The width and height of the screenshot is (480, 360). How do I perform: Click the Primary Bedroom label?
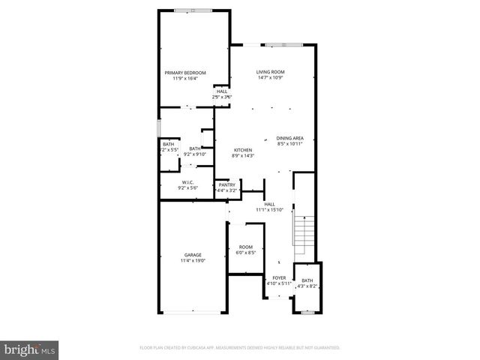click(x=185, y=72)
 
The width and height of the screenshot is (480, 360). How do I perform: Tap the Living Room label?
click(x=271, y=72)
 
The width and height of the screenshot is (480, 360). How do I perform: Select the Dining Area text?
click(x=289, y=138)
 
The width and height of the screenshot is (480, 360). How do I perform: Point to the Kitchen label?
click(x=243, y=150)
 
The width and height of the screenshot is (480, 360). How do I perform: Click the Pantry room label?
click(x=226, y=184)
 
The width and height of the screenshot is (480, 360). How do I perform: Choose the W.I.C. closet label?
click(x=187, y=182)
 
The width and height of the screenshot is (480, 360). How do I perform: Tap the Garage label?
click(x=193, y=255)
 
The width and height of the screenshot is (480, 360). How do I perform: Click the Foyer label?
click(x=279, y=277)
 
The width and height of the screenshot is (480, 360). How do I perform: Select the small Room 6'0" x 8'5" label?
click(x=246, y=247)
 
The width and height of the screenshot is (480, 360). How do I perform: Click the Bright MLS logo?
click(x=29, y=349)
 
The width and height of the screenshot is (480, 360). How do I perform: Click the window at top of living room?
click(x=274, y=44)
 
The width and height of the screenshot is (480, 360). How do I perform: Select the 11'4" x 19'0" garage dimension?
click(x=193, y=261)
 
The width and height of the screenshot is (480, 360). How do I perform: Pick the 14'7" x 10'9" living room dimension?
click(x=271, y=78)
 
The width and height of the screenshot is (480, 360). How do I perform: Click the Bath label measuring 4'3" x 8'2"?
click(x=307, y=280)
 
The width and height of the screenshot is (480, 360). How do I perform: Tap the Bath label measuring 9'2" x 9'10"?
click(x=195, y=148)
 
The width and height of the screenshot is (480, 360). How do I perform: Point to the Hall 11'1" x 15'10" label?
click(x=269, y=204)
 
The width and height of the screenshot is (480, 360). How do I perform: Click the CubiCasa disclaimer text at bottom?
click(x=240, y=348)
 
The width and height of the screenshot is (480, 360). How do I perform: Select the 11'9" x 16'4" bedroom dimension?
click(x=185, y=78)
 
